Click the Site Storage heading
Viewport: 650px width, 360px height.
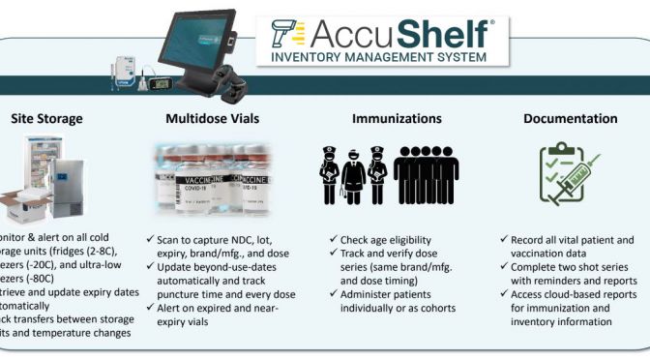tap(46, 119)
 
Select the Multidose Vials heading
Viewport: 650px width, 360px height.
tap(201, 119)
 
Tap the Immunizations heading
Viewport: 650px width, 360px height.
tap(384, 119)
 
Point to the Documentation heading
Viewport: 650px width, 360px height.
tap(570, 119)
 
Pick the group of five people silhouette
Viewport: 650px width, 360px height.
tap(426, 174)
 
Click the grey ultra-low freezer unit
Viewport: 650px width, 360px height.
tap(69, 189)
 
